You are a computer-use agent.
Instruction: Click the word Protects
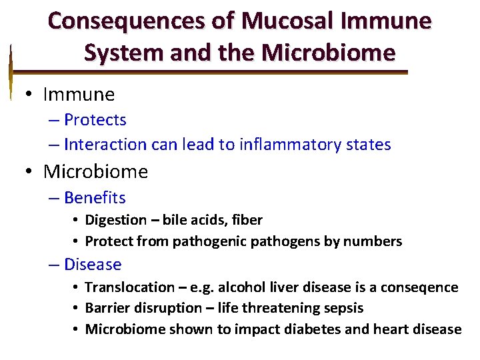[x=95, y=120]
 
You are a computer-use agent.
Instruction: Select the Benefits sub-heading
[x=95, y=198]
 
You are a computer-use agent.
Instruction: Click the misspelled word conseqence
[x=421, y=287]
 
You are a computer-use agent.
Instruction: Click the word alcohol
[x=232, y=287]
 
